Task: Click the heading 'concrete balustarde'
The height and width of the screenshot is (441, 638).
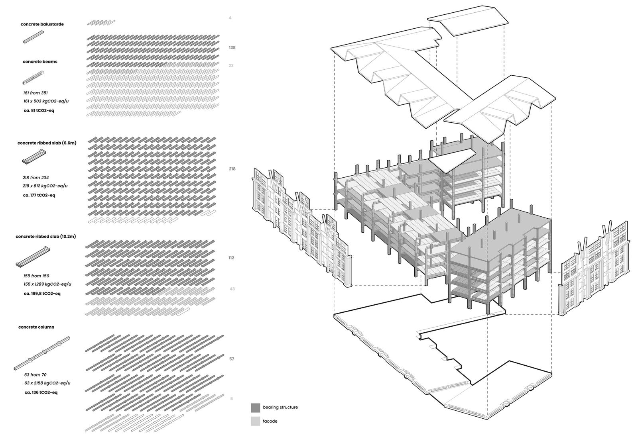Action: (42, 24)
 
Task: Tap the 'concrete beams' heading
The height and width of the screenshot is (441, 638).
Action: (40, 62)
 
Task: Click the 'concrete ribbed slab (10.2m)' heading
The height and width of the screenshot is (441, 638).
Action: (46, 236)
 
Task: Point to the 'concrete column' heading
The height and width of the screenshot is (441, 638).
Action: (36, 327)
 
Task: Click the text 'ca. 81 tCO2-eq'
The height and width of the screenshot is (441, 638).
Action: (39, 110)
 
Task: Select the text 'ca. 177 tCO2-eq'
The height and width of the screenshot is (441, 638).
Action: (39, 195)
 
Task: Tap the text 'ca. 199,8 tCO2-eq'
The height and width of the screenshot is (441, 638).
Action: (42, 294)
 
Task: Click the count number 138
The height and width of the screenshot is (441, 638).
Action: (232, 47)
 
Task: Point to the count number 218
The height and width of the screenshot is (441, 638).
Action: (232, 169)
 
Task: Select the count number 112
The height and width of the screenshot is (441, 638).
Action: (231, 258)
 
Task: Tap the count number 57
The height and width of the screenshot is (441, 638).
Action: (232, 359)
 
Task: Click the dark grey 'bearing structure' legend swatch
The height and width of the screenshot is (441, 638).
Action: (255, 408)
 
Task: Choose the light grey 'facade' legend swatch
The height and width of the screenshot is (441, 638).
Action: (255, 421)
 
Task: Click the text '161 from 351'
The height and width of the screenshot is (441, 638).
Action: (35, 93)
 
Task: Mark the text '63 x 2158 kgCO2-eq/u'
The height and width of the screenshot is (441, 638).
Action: (47, 383)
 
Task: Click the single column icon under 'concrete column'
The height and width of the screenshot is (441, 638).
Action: (42, 352)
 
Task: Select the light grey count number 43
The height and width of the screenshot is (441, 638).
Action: (232, 289)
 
